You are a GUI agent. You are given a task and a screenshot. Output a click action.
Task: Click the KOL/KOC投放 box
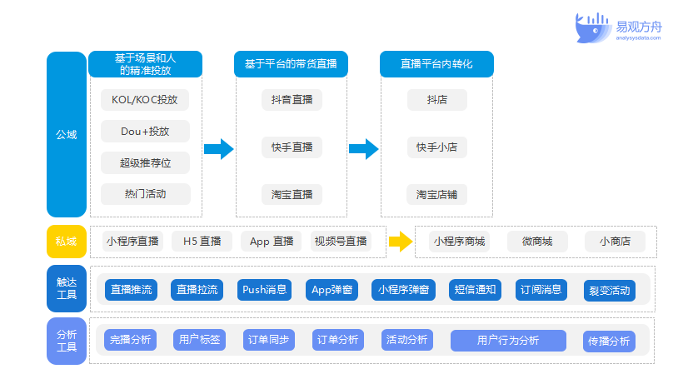(145, 100)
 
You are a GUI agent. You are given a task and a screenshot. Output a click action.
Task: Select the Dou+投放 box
(145, 131)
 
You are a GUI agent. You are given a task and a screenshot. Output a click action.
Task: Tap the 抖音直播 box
(292, 100)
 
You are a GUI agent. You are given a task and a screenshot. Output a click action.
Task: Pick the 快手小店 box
(437, 147)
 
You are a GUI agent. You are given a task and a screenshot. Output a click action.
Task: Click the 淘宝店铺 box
(437, 194)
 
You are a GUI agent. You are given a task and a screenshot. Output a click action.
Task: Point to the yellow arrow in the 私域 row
(401, 242)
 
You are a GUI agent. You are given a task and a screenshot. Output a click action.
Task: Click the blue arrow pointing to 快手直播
(218, 149)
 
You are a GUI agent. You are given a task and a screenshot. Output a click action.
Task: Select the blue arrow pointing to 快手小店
(364, 149)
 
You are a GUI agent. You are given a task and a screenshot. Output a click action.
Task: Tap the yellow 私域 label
(67, 242)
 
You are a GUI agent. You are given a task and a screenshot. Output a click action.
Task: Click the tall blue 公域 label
(67, 134)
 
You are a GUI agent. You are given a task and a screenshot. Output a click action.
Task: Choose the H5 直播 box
(202, 242)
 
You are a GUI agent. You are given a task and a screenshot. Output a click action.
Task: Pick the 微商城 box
(537, 242)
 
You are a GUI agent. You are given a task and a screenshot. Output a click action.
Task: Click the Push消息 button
(265, 290)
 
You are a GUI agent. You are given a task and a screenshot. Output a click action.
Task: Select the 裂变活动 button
(610, 291)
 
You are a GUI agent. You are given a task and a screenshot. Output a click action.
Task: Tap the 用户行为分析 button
(508, 341)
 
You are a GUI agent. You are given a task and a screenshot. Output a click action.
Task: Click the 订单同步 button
(268, 340)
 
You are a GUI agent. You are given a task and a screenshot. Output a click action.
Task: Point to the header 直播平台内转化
(436, 64)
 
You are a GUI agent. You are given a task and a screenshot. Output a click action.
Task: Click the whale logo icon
(592, 28)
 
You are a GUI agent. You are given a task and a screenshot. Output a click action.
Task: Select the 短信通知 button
(475, 290)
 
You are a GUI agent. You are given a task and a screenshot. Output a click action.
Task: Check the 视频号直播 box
(341, 242)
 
